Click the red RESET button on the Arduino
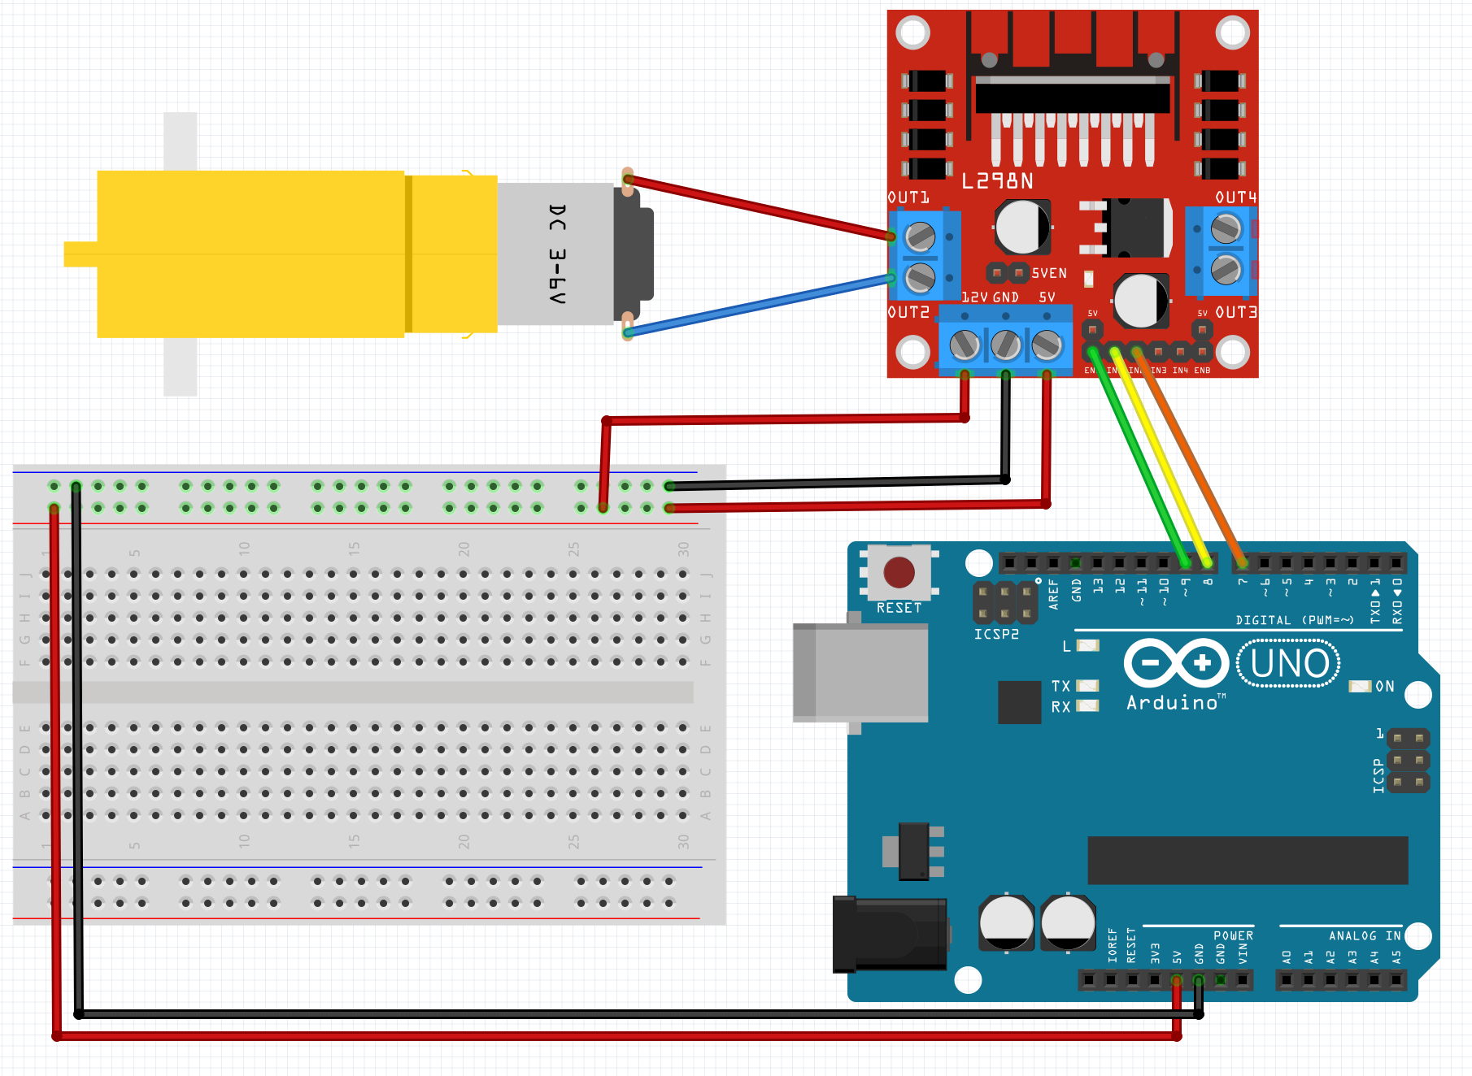pos(899,572)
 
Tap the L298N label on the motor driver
pos(997,181)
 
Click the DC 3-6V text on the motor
pos(557,254)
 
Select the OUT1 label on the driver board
pos(908,197)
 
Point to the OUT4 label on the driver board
pos(1235,197)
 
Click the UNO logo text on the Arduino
pos(1289,664)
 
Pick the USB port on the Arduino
pos(860,672)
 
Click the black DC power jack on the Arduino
pos(890,935)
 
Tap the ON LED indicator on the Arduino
pos(1360,687)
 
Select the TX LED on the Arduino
pos(1087,686)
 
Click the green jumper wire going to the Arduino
pos(1139,455)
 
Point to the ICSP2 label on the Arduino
pos(996,634)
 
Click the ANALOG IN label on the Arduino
pos(1364,936)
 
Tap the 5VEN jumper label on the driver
pos(1049,273)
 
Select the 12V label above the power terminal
pos(974,297)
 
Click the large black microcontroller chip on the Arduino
pos(1248,860)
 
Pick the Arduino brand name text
pos(1172,703)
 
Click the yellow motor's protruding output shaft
pos(81,254)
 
